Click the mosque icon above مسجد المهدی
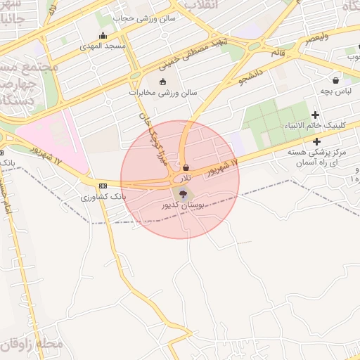[x=103, y=36]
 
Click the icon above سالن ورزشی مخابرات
[x=162, y=82]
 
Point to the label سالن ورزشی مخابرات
[x=163, y=93]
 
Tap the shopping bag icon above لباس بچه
[x=335, y=81]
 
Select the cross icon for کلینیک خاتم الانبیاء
[x=315, y=115]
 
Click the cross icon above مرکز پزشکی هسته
[x=317, y=141]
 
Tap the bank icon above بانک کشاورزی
[x=103, y=186]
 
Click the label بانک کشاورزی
[x=103, y=197]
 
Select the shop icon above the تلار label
[x=186, y=168]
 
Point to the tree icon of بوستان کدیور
[x=184, y=194]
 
